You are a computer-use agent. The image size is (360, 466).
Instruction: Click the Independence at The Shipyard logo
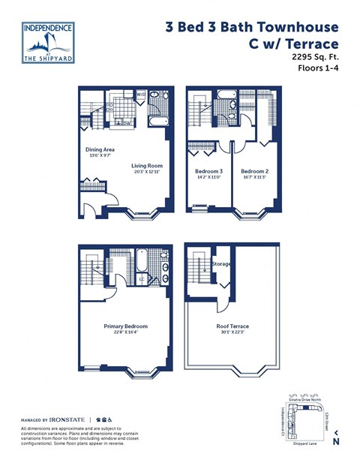pyautogui.click(x=49, y=42)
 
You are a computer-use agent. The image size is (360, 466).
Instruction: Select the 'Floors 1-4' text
pyautogui.click(x=318, y=68)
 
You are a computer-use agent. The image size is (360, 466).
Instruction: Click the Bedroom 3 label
pyautogui.click(x=200, y=172)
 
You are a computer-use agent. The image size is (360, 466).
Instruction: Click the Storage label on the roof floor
pyautogui.click(x=221, y=264)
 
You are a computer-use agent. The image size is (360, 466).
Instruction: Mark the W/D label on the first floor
pyautogui.click(x=140, y=95)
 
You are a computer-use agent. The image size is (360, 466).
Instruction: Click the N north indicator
pyautogui.click(x=335, y=441)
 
